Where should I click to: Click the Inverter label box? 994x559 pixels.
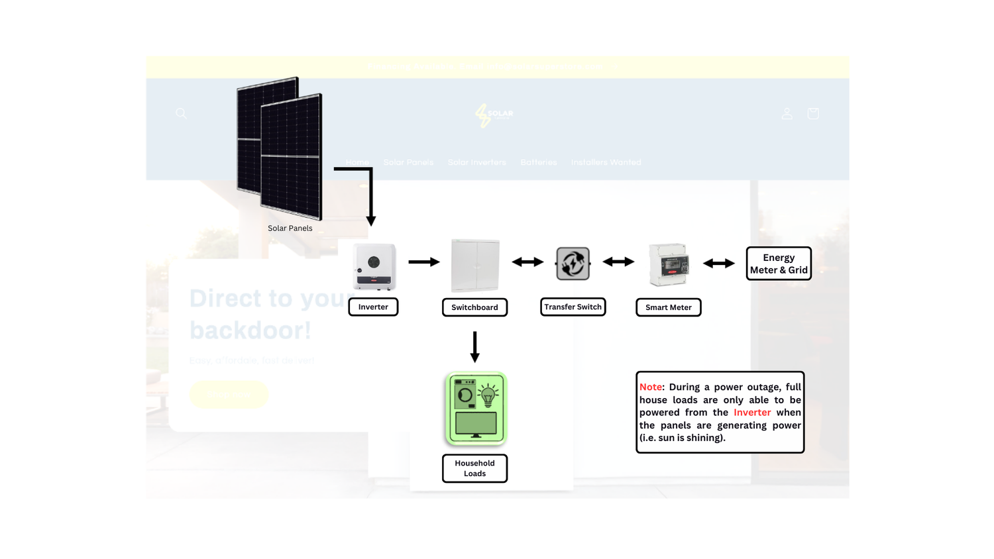(x=373, y=307)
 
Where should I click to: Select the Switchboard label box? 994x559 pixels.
(x=474, y=307)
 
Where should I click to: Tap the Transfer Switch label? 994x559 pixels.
(x=573, y=307)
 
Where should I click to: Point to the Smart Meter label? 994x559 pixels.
(x=668, y=307)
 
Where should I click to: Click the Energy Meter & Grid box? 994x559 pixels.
(x=779, y=264)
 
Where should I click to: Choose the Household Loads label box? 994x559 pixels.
(x=474, y=468)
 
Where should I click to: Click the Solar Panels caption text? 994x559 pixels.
(x=290, y=228)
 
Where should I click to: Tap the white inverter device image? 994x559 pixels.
(x=374, y=266)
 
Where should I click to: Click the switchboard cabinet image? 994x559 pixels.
(x=475, y=265)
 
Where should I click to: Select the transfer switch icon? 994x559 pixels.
(x=573, y=264)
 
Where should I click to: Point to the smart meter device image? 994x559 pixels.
(x=669, y=264)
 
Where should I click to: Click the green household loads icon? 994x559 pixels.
(x=476, y=408)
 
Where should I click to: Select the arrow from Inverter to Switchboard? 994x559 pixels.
(x=424, y=262)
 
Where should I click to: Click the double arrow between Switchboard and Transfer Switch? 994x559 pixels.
(x=527, y=262)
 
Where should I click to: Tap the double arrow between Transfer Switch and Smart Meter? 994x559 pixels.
(x=618, y=262)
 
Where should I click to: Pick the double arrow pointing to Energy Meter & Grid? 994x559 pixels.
(x=719, y=263)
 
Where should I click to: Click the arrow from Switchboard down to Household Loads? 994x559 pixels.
(x=474, y=347)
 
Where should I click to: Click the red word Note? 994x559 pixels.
(x=650, y=387)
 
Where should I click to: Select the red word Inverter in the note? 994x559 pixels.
(x=752, y=412)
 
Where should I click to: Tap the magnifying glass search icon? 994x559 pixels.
(x=181, y=113)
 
